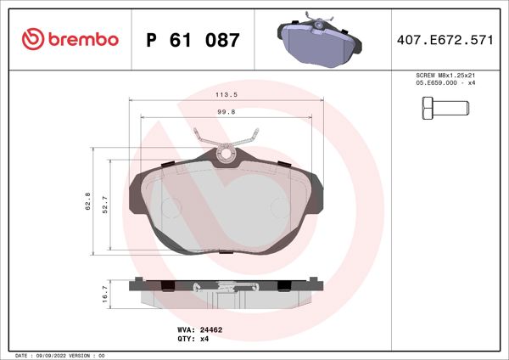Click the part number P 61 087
click(x=193, y=40)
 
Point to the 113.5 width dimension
click(x=226, y=95)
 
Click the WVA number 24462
click(x=211, y=329)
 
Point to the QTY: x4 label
click(x=193, y=338)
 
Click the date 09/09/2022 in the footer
click(x=52, y=354)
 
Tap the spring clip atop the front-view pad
click(x=226, y=143)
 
